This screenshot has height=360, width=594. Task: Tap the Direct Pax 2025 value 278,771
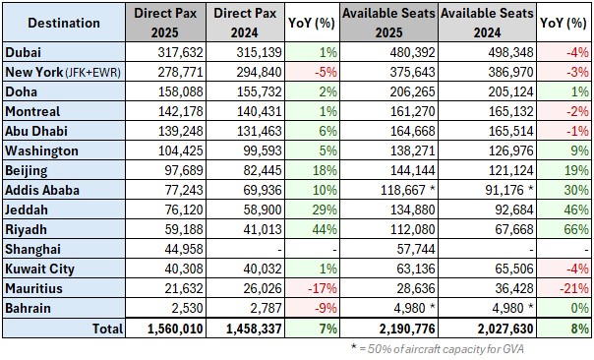pyautogui.click(x=175, y=72)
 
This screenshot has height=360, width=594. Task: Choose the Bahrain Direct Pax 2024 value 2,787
pyautogui.click(x=248, y=308)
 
